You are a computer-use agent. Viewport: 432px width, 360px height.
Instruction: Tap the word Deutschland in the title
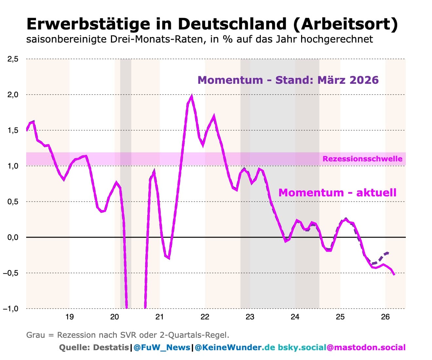click(232, 24)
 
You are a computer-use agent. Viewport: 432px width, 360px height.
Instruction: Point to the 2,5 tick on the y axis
click(13, 59)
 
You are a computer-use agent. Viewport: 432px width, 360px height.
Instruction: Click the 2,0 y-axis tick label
click(13, 95)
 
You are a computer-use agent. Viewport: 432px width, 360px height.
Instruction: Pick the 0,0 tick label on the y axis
click(13, 237)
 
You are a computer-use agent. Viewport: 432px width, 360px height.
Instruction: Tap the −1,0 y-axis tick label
click(10, 309)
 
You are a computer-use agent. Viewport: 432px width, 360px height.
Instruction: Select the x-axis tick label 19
click(69, 317)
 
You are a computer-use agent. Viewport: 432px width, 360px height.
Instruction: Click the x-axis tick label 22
click(205, 317)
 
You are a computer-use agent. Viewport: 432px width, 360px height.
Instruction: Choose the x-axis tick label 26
click(386, 317)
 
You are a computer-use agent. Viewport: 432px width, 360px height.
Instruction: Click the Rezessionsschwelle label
click(363, 159)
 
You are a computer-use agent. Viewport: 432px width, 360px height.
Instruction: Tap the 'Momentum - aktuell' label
click(337, 193)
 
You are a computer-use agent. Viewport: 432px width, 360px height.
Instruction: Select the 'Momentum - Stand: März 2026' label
click(288, 80)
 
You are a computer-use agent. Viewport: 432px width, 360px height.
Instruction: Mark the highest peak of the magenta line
click(192, 97)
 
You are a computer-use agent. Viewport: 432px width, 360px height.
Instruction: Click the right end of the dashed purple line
click(388, 253)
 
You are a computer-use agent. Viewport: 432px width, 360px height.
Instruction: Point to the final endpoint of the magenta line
click(394, 274)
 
